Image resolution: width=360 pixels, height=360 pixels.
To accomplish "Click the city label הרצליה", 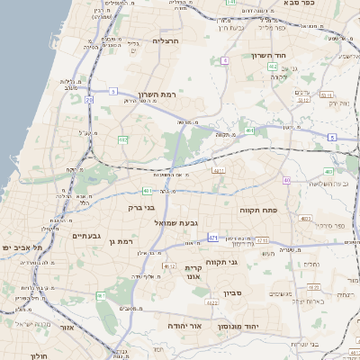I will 166,41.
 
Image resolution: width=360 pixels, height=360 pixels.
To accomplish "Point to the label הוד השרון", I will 267,56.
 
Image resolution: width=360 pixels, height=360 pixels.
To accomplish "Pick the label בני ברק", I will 141,206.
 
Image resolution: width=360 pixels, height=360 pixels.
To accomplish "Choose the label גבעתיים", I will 87,236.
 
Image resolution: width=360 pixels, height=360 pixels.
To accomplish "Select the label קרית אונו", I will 196,273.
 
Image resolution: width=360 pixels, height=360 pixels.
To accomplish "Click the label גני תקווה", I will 246,263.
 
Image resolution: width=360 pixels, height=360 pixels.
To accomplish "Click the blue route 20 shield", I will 89,101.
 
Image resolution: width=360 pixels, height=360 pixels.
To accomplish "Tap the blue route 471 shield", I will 213,238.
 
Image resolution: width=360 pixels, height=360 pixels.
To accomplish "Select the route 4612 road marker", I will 169,266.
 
